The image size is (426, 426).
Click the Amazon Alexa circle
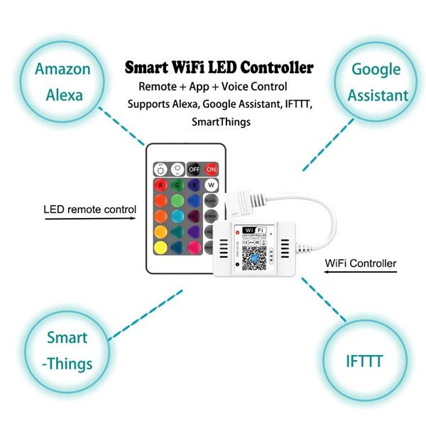[63, 82]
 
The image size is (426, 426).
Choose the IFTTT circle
[364, 361]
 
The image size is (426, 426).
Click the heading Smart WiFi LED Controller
[219, 69]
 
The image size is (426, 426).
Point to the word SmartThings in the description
[221, 122]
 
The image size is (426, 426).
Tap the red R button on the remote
[160, 185]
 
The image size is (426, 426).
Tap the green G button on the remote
[177, 185]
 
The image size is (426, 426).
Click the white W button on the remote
[211, 185]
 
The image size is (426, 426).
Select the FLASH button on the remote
[211, 201]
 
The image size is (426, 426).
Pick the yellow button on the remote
[160, 248]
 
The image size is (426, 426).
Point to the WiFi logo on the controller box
[253, 231]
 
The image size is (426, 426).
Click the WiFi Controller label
[361, 263]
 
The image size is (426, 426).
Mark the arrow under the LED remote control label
[89, 220]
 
